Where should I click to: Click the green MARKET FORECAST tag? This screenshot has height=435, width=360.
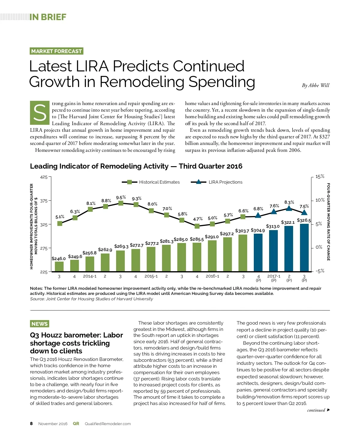[x=56, y=51]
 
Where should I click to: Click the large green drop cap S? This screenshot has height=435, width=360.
[x=40, y=113]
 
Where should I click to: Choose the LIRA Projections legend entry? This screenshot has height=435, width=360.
[x=217, y=182]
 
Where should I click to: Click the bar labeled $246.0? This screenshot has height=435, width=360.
[x=59, y=266]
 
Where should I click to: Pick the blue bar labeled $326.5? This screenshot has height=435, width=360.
[x=304, y=247]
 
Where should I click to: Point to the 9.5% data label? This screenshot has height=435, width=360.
[x=121, y=197]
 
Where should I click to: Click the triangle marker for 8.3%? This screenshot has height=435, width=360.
[x=289, y=208]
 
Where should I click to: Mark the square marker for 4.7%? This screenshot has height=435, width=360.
[x=197, y=226]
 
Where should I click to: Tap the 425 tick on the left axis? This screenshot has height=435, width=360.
[x=44, y=177]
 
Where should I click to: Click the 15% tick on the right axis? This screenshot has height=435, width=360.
[x=320, y=176]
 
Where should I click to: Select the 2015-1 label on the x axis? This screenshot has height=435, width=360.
[x=151, y=276]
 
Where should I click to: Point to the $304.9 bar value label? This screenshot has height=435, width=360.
[x=258, y=230]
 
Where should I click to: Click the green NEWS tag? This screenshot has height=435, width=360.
[x=40, y=324]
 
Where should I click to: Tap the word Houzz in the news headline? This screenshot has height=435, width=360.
[x=52, y=335]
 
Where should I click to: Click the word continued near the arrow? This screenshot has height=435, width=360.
[x=316, y=410]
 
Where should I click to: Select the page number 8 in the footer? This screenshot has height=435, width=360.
[x=31, y=424]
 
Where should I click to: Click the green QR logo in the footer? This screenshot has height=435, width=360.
[x=76, y=424]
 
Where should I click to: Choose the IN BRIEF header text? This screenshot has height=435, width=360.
[x=48, y=17]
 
